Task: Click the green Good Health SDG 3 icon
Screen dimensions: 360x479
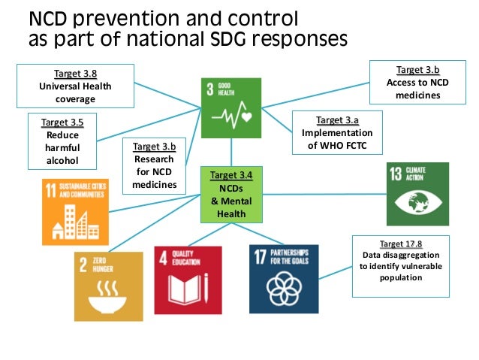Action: [x=230, y=107]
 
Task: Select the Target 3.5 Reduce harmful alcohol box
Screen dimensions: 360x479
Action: [x=62, y=141]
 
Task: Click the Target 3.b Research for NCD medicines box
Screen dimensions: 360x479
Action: [x=154, y=165]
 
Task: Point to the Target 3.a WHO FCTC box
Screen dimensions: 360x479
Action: [x=337, y=133]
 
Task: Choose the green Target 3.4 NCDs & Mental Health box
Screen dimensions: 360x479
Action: [x=231, y=194]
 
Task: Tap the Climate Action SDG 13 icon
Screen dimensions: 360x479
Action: [x=417, y=193]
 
